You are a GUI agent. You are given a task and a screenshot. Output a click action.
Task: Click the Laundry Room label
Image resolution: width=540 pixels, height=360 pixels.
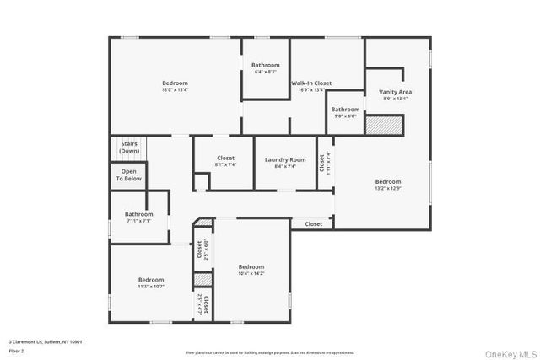coord(285,159)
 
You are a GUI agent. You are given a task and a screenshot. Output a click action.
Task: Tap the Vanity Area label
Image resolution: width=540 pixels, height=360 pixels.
coord(395,91)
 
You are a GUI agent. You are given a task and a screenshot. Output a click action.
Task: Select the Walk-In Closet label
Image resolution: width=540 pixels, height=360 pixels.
coord(311,83)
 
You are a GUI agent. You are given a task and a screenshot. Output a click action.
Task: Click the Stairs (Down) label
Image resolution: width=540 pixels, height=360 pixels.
coord(129,147)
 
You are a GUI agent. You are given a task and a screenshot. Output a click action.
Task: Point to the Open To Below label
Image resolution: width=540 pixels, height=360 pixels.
coord(129,175)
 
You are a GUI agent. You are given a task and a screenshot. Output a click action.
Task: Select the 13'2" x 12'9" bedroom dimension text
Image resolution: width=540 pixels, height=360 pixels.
coord(388,188)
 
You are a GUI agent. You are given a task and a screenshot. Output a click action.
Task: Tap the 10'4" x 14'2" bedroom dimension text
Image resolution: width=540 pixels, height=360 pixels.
coord(251,273)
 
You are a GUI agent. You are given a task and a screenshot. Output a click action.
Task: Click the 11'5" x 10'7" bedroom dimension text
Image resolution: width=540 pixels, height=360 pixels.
coord(151,287)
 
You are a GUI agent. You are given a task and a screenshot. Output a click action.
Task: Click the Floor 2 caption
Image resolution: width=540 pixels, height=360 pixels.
coord(16,348)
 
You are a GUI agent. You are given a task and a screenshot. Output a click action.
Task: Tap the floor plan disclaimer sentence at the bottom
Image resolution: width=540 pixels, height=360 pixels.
coord(269,352)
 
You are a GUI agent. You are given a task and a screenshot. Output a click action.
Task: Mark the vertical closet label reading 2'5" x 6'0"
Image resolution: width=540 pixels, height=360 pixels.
coord(201,250)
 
